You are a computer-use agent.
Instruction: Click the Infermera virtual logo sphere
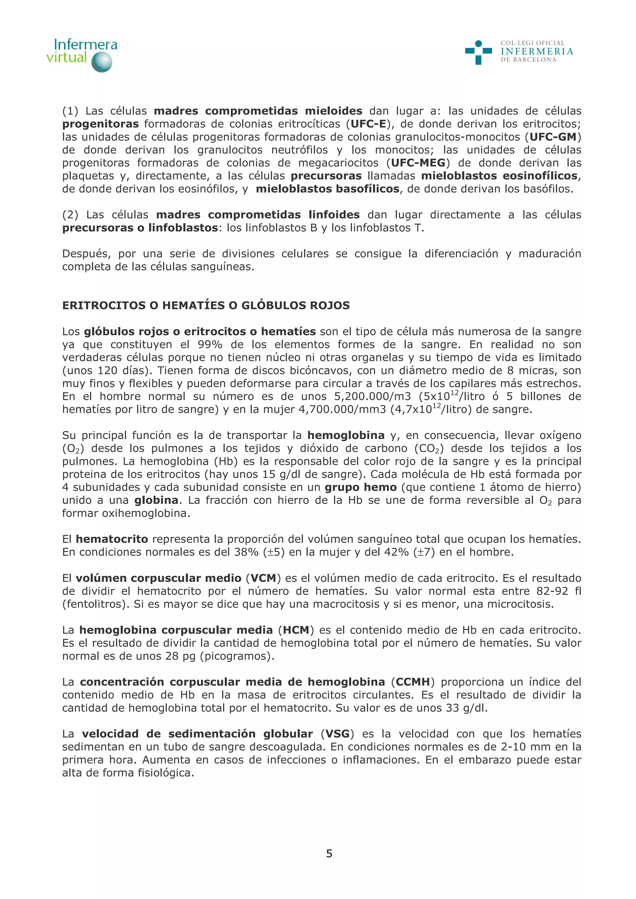pyautogui.click(x=102, y=62)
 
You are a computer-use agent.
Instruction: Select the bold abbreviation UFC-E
pyautogui.click(x=368, y=124)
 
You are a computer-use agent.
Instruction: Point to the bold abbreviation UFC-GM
pyautogui.click(x=553, y=137)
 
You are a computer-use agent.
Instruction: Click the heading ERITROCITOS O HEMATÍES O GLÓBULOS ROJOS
pyautogui.click(x=206, y=306)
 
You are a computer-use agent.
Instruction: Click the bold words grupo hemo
pyautogui.click(x=361, y=487)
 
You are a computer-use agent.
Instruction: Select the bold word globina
pyautogui.click(x=156, y=500)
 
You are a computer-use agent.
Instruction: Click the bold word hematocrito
pyautogui.click(x=112, y=539)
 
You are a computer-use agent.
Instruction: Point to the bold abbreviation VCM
pyautogui.click(x=263, y=578)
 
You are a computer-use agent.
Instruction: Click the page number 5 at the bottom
pyautogui.click(x=329, y=854)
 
